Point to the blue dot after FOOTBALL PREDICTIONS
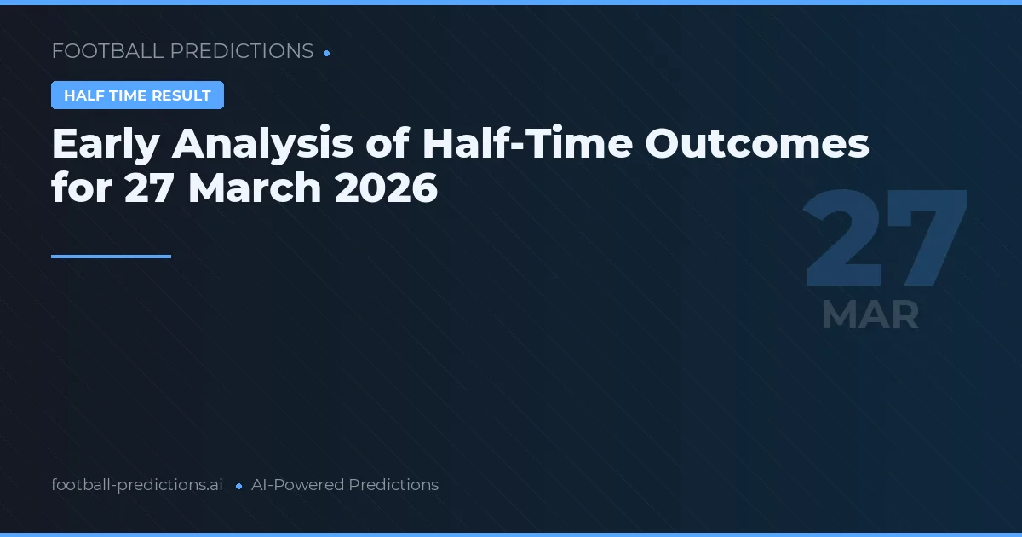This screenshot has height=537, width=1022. [327, 53]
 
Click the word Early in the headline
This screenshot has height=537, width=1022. [105, 145]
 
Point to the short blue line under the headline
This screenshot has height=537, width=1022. [111, 256]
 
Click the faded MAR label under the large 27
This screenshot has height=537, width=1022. [870, 315]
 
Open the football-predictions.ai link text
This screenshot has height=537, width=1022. [137, 485]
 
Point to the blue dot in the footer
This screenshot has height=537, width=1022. [238, 486]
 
